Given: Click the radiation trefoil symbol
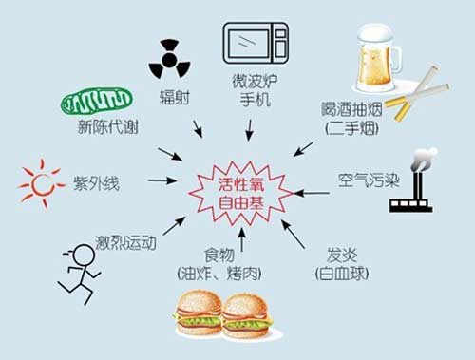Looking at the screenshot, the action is point(169,60).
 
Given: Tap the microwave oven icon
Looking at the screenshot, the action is point(255,43).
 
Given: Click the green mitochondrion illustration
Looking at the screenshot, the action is point(95,103).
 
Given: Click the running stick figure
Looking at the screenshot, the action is point(80,272).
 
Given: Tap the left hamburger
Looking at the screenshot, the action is point(199,313).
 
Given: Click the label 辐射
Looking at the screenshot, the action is point(172,96).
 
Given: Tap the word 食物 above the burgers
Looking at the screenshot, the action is point(217,256).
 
